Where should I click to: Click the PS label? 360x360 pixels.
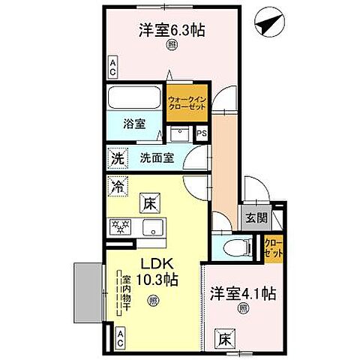(x=201, y=134)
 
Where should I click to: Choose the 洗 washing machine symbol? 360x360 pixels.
(x=117, y=159)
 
